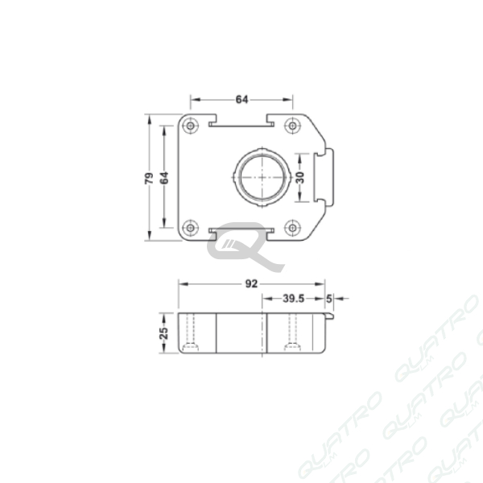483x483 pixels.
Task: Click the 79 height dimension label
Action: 149,179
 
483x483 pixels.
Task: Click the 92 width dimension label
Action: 251,283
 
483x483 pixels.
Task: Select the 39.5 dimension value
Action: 293,299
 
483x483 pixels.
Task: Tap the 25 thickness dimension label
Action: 164,333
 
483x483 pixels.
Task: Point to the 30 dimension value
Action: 300,177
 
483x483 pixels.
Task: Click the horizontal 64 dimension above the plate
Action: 242,100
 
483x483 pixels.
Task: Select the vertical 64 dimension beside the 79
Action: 164,178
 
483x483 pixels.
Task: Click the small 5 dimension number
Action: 329,299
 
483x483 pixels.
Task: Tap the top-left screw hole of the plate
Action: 191,126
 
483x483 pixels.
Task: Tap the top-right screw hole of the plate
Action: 292,126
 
